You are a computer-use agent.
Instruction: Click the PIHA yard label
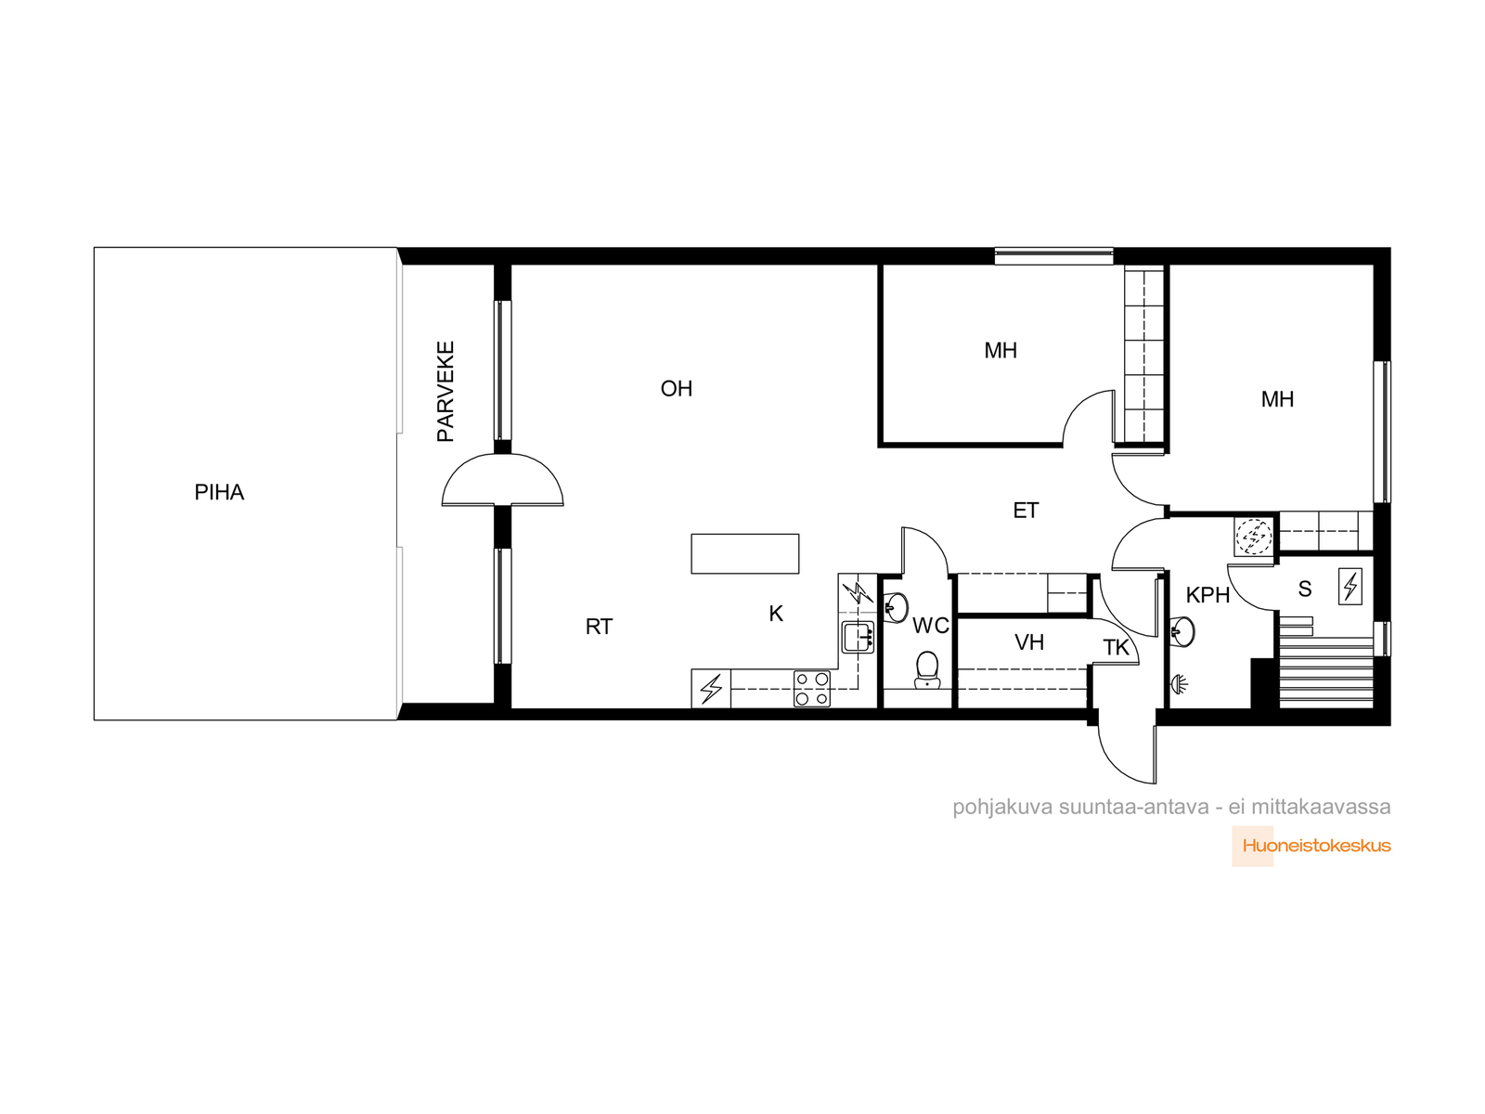click(218, 492)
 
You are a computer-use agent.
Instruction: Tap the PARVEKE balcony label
click(445, 392)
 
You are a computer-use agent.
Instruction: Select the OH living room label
click(676, 388)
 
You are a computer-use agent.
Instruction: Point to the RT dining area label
click(599, 627)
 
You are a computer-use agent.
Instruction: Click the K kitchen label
click(775, 614)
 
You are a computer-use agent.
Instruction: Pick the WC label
click(930, 626)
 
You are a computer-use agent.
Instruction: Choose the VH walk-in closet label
click(1029, 641)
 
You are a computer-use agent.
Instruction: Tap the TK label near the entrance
click(1117, 647)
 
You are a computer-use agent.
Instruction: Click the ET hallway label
click(1026, 510)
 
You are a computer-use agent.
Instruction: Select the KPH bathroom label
click(1207, 594)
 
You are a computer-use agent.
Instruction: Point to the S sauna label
click(1305, 589)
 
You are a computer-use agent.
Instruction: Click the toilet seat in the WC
click(927, 669)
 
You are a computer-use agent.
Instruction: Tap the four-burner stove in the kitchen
click(812, 689)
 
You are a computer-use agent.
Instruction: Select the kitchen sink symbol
click(858, 637)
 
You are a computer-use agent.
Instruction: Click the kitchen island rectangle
click(745, 553)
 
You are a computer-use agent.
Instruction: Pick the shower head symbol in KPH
click(1180, 684)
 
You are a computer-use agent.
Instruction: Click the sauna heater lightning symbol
click(1350, 586)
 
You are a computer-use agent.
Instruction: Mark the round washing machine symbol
click(1254, 538)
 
